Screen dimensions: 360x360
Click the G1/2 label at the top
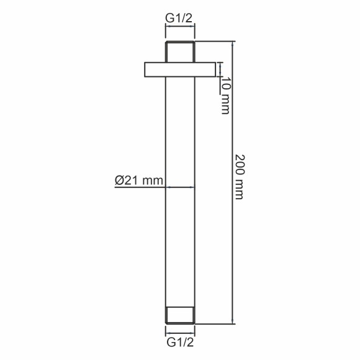179,18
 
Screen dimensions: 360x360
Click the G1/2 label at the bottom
180,343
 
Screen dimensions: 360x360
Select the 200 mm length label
240,177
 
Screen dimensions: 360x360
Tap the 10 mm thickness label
226,96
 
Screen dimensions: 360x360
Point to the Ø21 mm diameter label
139,180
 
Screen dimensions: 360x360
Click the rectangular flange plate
180,70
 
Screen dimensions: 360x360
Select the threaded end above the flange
180,52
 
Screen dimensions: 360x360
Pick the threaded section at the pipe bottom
180,315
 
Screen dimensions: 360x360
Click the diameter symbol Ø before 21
119,181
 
